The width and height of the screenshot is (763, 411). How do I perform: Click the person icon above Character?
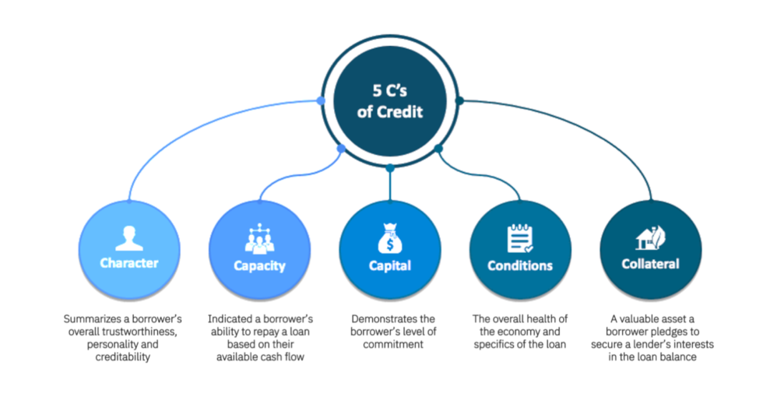128,236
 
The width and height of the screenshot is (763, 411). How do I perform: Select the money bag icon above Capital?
389,239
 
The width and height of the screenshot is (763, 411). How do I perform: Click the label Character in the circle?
128,263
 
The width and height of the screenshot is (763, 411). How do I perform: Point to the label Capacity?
259,265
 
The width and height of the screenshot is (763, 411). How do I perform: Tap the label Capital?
389,265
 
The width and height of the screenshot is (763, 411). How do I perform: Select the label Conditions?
519,265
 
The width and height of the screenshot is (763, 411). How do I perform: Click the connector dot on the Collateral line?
459,100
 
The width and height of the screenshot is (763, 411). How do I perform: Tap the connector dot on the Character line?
321,100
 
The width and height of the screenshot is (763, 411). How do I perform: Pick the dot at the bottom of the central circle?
389,168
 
